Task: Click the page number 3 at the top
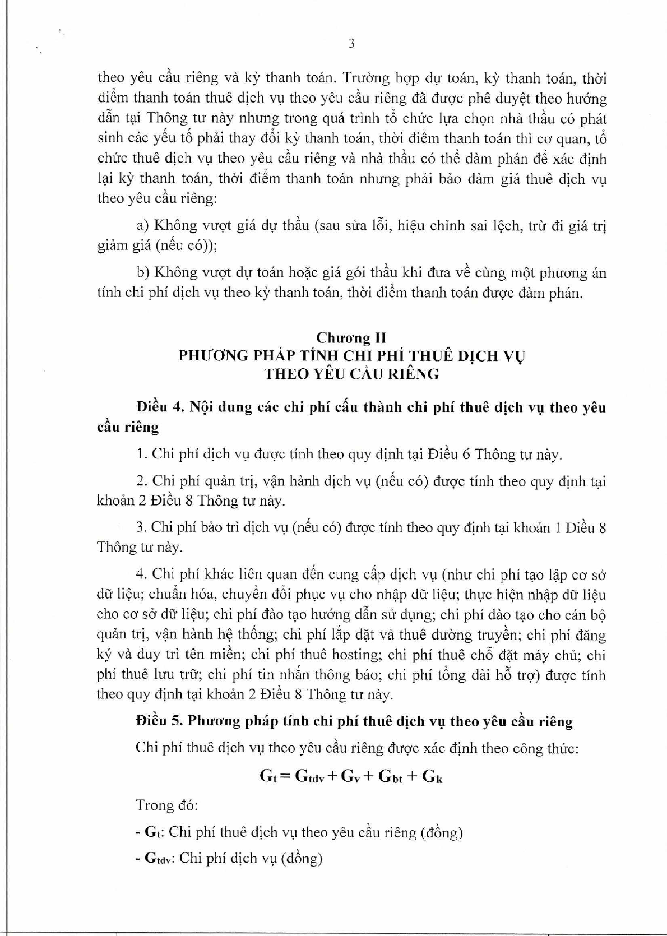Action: pyautogui.click(x=351, y=44)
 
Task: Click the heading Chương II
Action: pyautogui.click(x=351, y=337)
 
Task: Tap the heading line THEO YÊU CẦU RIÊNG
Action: pyautogui.click(x=351, y=374)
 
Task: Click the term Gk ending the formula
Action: pyautogui.click(x=432, y=776)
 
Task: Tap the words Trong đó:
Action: pyautogui.click(x=166, y=805)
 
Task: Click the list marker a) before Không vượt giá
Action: pyautogui.click(x=143, y=225)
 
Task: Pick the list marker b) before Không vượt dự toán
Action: pyautogui.click(x=143, y=273)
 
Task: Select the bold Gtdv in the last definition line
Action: pyautogui.click(x=157, y=858)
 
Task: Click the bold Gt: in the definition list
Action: pyautogui.click(x=154, y=832)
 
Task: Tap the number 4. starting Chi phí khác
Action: pyautogui.click(x=141, y=574)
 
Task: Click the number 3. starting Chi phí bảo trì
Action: pyautogui.click(x=141, y=527)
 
